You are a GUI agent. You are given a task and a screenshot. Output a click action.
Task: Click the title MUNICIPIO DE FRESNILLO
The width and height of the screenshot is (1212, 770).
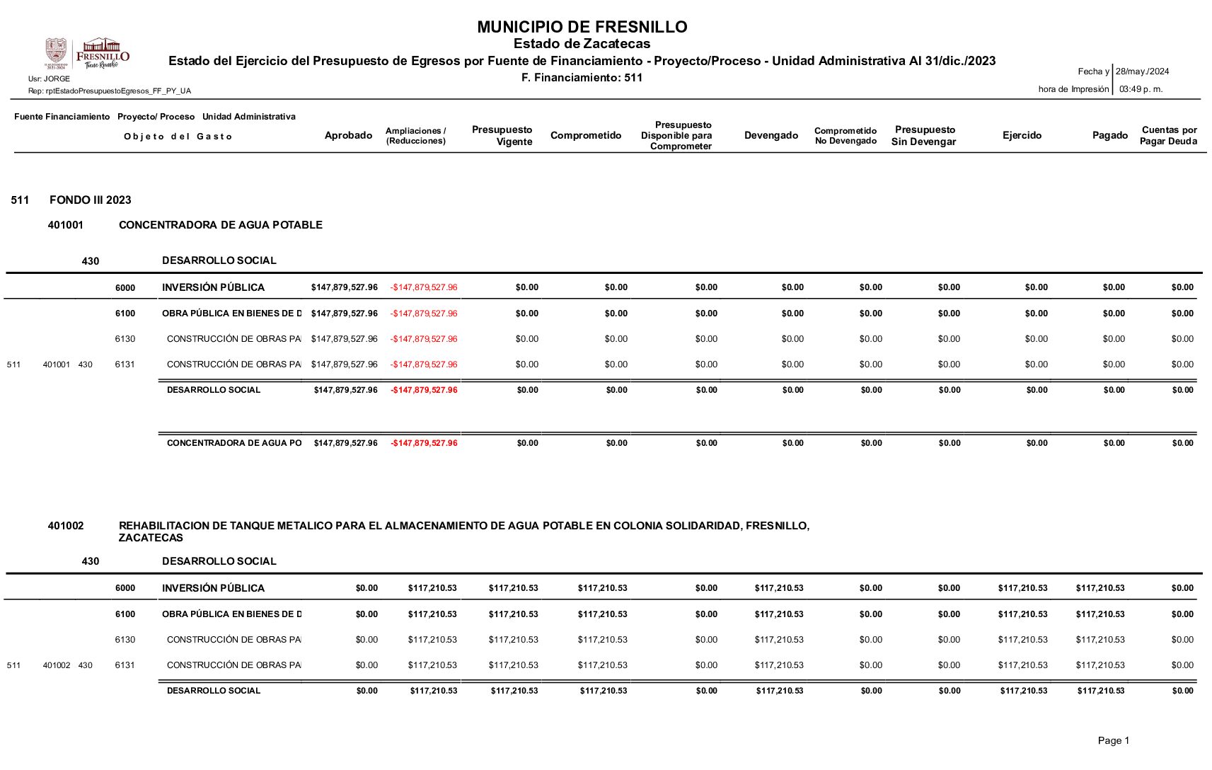click(x=582, y=27)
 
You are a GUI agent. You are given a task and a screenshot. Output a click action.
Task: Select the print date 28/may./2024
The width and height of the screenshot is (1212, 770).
click(x=1142, y=71)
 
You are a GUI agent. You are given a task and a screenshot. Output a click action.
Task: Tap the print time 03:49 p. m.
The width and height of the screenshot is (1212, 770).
click(x=1141, y=89)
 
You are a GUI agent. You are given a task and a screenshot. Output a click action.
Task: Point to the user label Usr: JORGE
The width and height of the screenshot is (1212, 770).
click(x=49, y=79)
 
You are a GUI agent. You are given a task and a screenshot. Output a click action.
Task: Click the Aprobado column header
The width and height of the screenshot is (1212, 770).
click(x=348, y=135)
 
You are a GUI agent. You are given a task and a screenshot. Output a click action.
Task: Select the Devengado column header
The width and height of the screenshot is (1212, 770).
click(x=771, y=135)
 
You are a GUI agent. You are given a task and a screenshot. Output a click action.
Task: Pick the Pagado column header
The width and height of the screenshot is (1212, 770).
click(x=1109, y=135)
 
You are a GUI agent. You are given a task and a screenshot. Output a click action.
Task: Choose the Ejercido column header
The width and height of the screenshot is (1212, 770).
click(x=1022, y=135)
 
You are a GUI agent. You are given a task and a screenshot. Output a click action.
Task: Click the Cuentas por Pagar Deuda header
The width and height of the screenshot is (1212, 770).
click(x=1168, y=135)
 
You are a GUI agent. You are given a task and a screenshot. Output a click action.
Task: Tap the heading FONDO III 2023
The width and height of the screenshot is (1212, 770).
click(x=91, y=200)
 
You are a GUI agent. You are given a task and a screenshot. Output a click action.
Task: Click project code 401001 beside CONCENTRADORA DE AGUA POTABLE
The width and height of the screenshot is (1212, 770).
click(x=66, y=225)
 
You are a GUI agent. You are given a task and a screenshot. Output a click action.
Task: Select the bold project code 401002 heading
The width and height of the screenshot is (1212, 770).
click(x=66, y=526)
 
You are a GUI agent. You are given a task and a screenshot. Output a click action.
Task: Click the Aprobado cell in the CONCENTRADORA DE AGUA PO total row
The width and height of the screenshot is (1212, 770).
click(x=345, y=443)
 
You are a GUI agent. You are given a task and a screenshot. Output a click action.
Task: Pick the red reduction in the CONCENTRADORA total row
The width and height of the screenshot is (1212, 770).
click(x=424, y=443)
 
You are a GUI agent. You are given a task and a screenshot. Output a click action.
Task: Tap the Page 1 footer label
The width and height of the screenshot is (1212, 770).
click(x=1113, y=740)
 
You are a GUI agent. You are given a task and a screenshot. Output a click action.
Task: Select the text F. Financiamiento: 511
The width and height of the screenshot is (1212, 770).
click(x=582, y=78)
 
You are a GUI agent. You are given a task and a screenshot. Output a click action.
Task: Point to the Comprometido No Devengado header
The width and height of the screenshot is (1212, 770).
click(x=845, y=136)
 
